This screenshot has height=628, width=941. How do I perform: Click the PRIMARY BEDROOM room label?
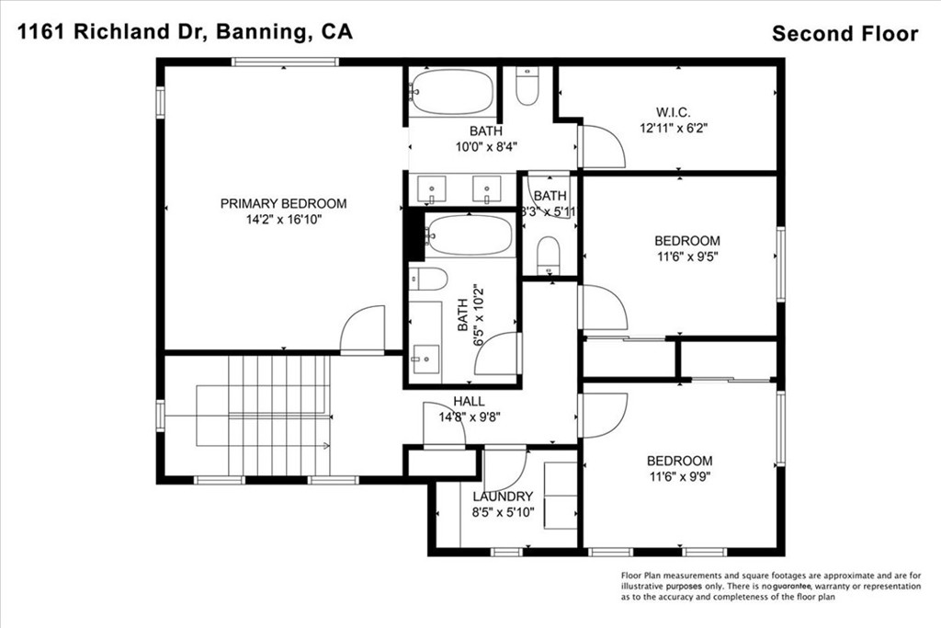(x=283, y=203)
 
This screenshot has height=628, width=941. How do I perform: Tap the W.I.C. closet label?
(x=673, y=112)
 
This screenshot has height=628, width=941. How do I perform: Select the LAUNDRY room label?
(x=503, y=497)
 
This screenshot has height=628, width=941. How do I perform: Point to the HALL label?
(x=469, y=401)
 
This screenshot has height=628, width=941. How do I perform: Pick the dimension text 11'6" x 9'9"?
(x=679, y=477)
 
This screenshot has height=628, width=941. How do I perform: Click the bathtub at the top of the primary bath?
(x=451, y=92)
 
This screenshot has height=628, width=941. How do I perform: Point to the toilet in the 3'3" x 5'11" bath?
(x=548, y=255)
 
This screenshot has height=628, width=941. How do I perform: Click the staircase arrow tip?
(x=327, y=447)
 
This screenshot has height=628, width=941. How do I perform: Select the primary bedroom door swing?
(x=362, y=329)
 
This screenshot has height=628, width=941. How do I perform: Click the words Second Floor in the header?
(x=845, y=34)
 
